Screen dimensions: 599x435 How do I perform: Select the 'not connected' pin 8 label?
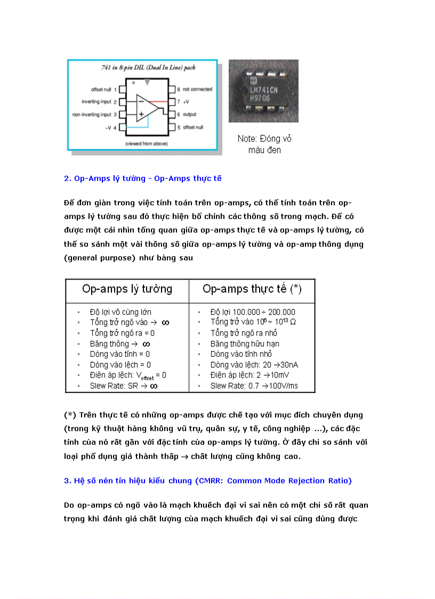click(x=197, y=89)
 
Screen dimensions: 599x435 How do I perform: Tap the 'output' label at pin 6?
click(x=190, y=114)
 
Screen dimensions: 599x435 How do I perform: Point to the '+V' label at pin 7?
click(x=187, y=101)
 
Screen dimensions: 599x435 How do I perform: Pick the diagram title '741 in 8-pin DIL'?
click(x=143, y=69)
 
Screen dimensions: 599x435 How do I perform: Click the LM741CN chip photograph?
click(x=263, y=91)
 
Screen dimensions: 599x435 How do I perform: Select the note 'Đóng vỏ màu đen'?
click(x=264, y=144)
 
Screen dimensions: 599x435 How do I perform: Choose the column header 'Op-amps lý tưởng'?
click(x=127, y=289)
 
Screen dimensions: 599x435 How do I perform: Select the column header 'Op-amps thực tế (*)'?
click(x=252, y=289)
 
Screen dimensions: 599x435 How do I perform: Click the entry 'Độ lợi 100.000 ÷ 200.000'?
click(x=253, y=312)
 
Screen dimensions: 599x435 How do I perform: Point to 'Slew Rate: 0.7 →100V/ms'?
click(x=254, y=386)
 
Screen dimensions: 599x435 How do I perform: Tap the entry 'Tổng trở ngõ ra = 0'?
click(x=123, y=333)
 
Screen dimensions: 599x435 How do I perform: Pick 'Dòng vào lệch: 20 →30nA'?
click(x=254, y=365)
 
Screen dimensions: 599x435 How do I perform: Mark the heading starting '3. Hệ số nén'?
click(x=208, y=481)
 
